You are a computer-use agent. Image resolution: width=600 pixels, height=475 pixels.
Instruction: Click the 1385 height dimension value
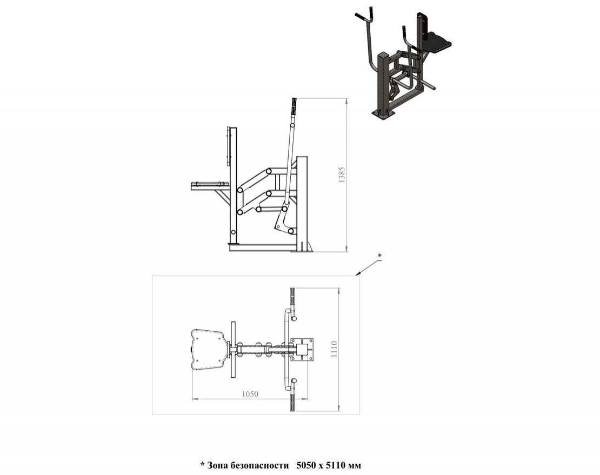tap(342, 175)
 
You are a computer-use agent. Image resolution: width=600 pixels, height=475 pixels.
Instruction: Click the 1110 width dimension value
tap(334, 349)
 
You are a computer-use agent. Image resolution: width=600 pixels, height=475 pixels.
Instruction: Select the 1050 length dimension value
tap(250, 394)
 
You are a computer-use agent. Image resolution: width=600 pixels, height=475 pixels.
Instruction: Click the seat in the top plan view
tap(207, 350)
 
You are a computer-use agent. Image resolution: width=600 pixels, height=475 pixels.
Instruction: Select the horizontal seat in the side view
tap(210, 186)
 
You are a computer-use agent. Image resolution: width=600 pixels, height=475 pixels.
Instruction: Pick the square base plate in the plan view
tap(302, 350)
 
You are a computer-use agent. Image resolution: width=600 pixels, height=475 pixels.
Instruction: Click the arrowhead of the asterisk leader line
tap(357, 274)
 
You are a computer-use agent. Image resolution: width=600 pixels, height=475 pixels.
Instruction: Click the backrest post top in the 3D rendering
tap(422, 15)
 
